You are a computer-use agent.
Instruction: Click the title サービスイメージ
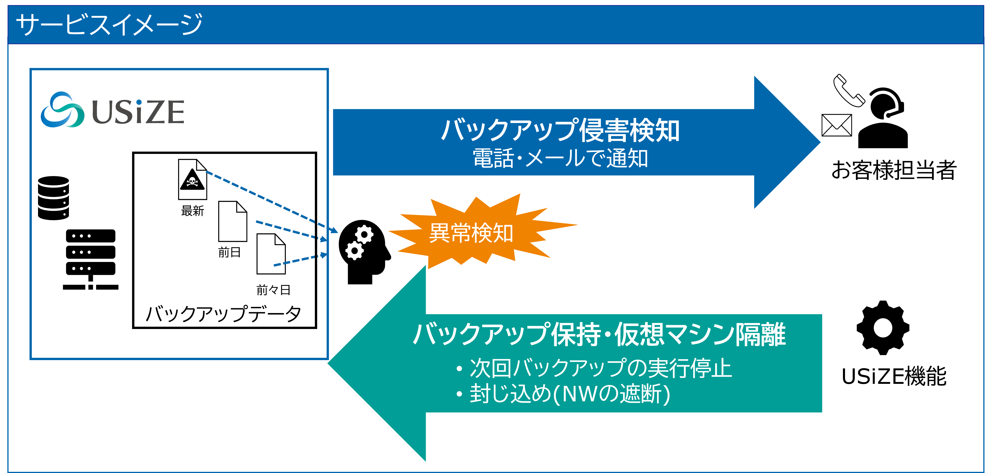click(109, 24)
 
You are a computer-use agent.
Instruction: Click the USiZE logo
click(112, 109)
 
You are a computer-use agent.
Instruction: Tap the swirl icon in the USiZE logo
click(62, 109)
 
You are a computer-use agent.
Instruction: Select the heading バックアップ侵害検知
click(560, 130)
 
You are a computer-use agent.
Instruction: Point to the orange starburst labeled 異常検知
click(471, 232)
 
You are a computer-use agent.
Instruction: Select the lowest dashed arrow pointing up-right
click(300, 260)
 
